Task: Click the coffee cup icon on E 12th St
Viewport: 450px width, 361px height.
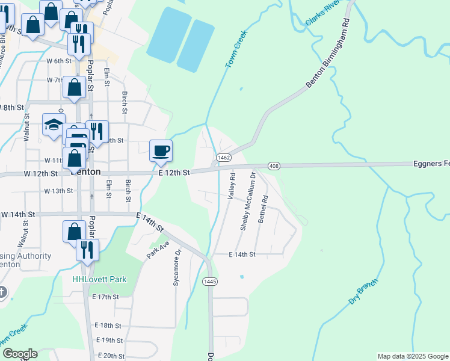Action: [x=160, y=150]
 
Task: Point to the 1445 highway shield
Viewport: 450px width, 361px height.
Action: [x=210, y=281]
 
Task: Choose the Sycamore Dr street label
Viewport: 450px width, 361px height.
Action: [x=177, y=268]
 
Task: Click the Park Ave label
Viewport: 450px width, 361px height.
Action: [x=155, y=249]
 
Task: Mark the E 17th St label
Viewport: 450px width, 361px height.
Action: [x=106, y=297]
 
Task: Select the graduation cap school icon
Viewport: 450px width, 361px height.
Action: [x=53, y=125]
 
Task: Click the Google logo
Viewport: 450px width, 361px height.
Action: [x=20, y=354]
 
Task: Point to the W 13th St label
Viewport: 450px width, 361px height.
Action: [x=58, y=191]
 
